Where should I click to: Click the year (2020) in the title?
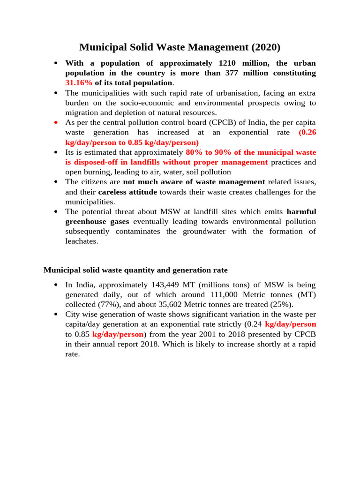tap(266, 47)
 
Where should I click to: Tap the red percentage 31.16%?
tap(79, 83)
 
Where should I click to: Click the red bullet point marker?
tap(56, 122)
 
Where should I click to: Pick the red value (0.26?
tap(307, 132)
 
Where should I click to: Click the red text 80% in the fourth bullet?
tap(194, 152)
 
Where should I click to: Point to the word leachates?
tap(82, 241)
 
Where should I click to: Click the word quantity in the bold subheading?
tap(155, 270)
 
